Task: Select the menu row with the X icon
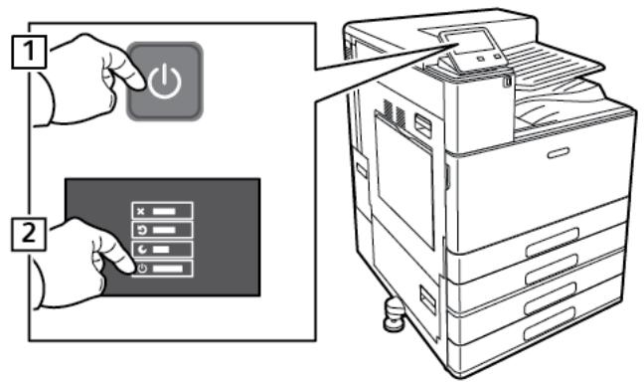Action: coord(163,211)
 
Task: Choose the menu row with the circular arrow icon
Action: coord(163,229)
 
